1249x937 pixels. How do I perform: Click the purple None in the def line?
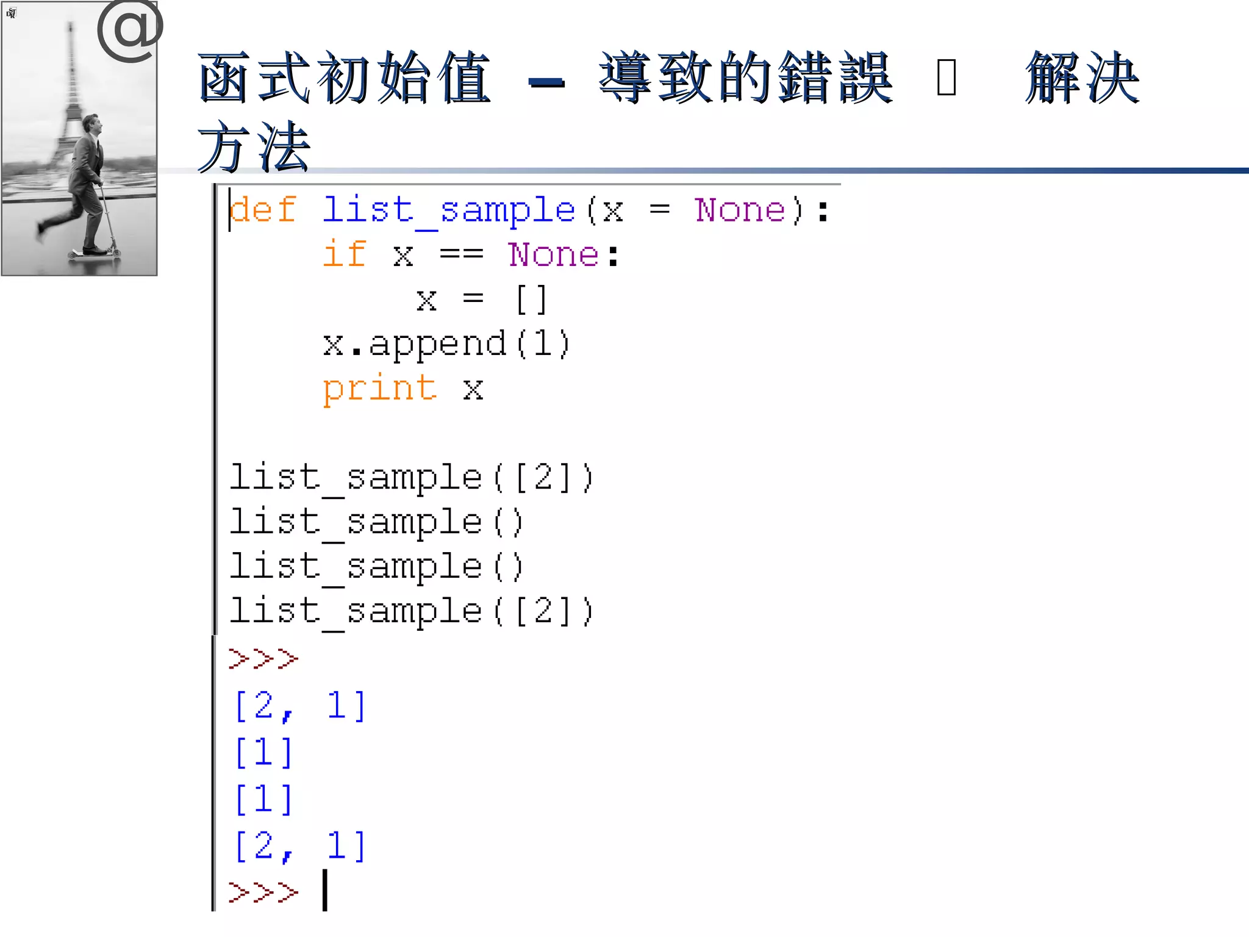click(740, 210)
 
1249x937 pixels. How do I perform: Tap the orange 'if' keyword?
click(345, 254)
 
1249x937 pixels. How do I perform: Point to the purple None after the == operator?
click(554, 254)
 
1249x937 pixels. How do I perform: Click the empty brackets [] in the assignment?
click(531, 300)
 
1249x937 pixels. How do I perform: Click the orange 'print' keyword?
click(379, 389)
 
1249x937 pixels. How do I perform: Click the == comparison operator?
click(462, 254)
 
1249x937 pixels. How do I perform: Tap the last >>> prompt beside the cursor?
click(263, 892)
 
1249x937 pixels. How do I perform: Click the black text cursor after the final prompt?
click(325, 890)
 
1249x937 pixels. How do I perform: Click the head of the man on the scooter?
click(91, 124)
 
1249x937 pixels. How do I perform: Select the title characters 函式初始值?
click(345, 77)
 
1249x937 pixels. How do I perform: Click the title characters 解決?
click(1082, 77)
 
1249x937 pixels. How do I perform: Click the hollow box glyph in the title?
click(946, 77)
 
